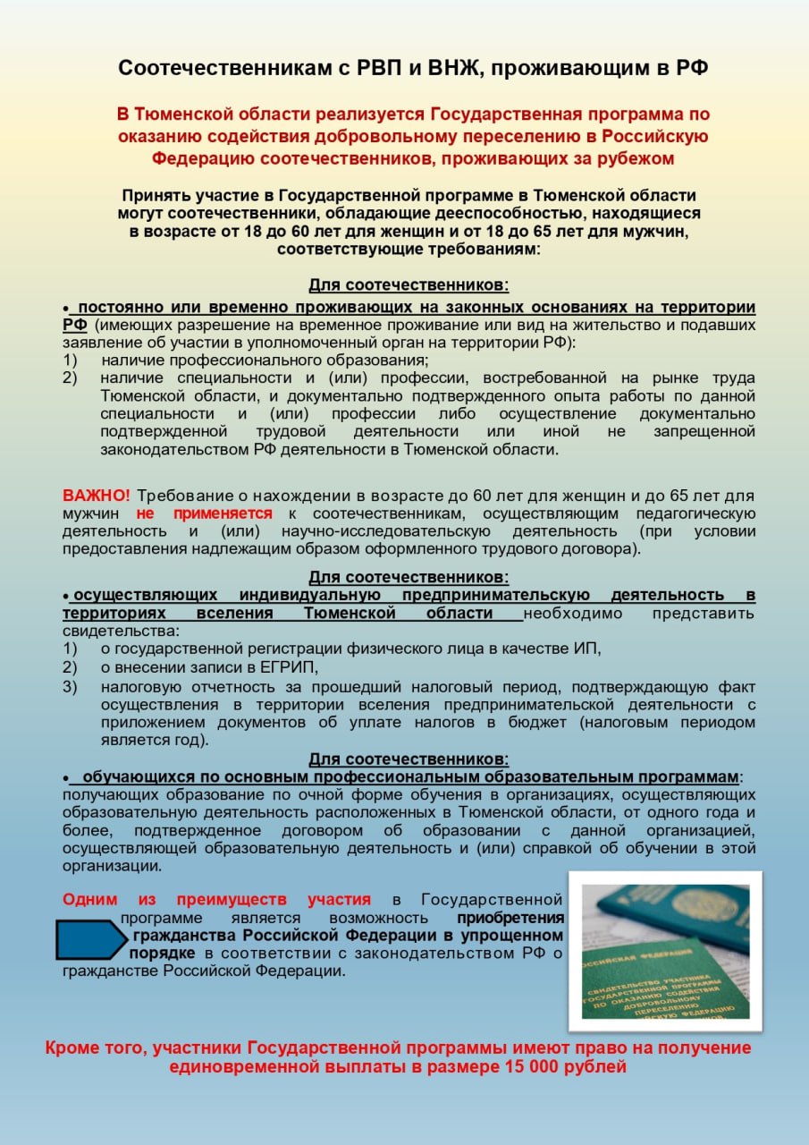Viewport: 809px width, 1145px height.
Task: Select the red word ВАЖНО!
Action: click(x=96, y=496)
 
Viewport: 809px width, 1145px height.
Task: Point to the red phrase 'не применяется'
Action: click(x=204, y=513)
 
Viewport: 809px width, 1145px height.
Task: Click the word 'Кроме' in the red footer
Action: click(x=73, y=1048)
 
